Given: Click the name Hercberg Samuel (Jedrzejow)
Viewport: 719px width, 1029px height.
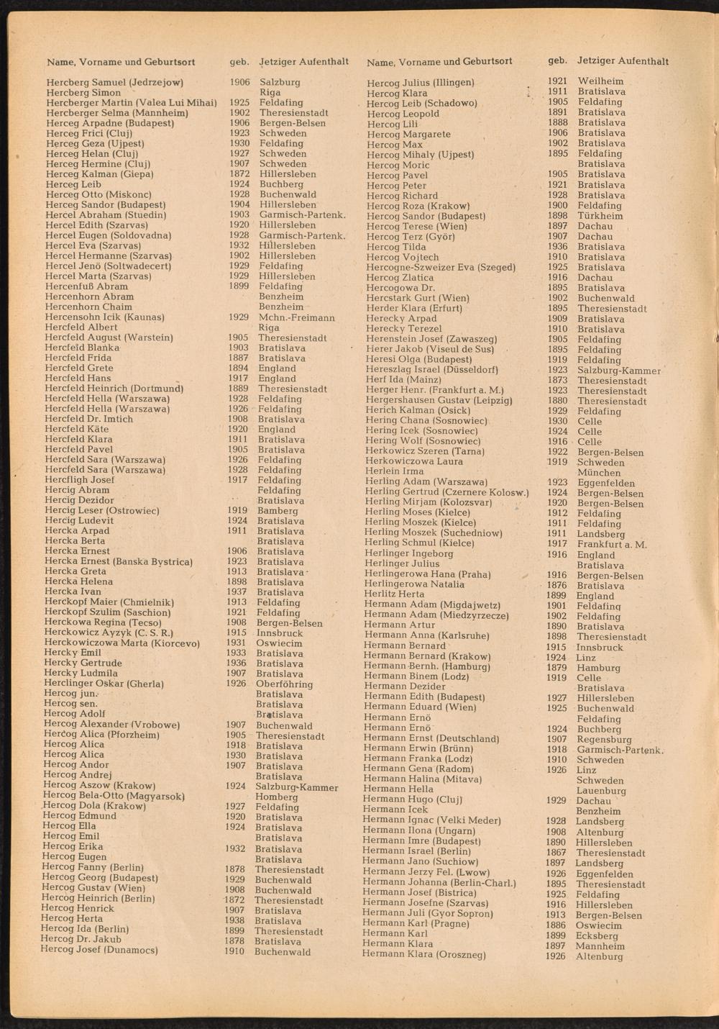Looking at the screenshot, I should coord(115,83).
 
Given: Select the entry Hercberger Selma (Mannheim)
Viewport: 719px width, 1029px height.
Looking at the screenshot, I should coord(117,113).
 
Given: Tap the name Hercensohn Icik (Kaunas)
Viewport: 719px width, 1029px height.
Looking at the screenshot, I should coord(105,317).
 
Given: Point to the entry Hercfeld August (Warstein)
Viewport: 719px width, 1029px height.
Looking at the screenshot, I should coord(109,337).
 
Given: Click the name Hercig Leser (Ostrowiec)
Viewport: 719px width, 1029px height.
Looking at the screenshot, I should coord(101,511).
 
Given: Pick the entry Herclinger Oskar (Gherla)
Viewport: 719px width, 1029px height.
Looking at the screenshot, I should coord(104,684).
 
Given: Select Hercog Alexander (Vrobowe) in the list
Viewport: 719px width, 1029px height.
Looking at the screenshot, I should coord(111,725).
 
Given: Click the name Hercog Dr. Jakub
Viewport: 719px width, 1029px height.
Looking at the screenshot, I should coord(81,939).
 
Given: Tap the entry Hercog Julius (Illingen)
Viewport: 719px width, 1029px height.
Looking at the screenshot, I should coord(420,83).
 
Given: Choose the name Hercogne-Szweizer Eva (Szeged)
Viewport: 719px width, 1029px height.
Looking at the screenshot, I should coord(440,268).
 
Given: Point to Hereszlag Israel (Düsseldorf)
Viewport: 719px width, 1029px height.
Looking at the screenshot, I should coord(431,370).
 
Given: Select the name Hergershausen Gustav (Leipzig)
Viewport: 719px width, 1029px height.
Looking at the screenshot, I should coord(439,401).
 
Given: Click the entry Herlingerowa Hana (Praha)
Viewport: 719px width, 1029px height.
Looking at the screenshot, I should coord(427,575).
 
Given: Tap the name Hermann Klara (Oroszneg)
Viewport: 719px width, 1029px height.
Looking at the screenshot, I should coord(423,955).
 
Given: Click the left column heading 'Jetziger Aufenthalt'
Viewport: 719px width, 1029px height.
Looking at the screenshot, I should coord(303,62).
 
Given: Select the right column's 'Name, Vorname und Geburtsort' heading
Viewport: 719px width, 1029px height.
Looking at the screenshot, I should coord(439,62).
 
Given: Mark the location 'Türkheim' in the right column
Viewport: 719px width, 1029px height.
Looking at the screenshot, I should coord(600,216).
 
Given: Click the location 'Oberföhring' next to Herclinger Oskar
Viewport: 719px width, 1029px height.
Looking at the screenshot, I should coord(284,684).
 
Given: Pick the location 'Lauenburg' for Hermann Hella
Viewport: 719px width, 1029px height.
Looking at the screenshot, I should coord(600,791).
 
